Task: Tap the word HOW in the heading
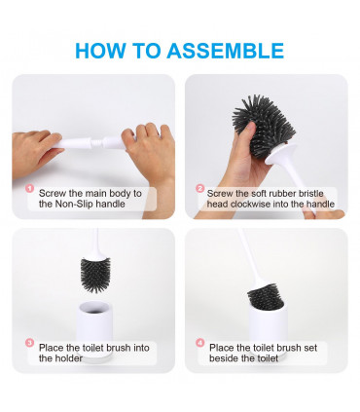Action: click(99, 51)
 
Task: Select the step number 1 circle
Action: click(30, 192)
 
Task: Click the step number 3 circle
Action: click(30, 344)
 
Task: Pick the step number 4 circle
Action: click(199, 344)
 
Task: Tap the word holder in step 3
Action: click(54, 357)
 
